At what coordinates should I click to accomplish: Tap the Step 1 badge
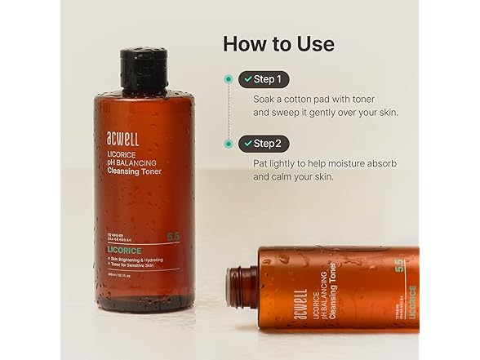262,79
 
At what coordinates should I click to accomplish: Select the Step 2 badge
262,144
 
